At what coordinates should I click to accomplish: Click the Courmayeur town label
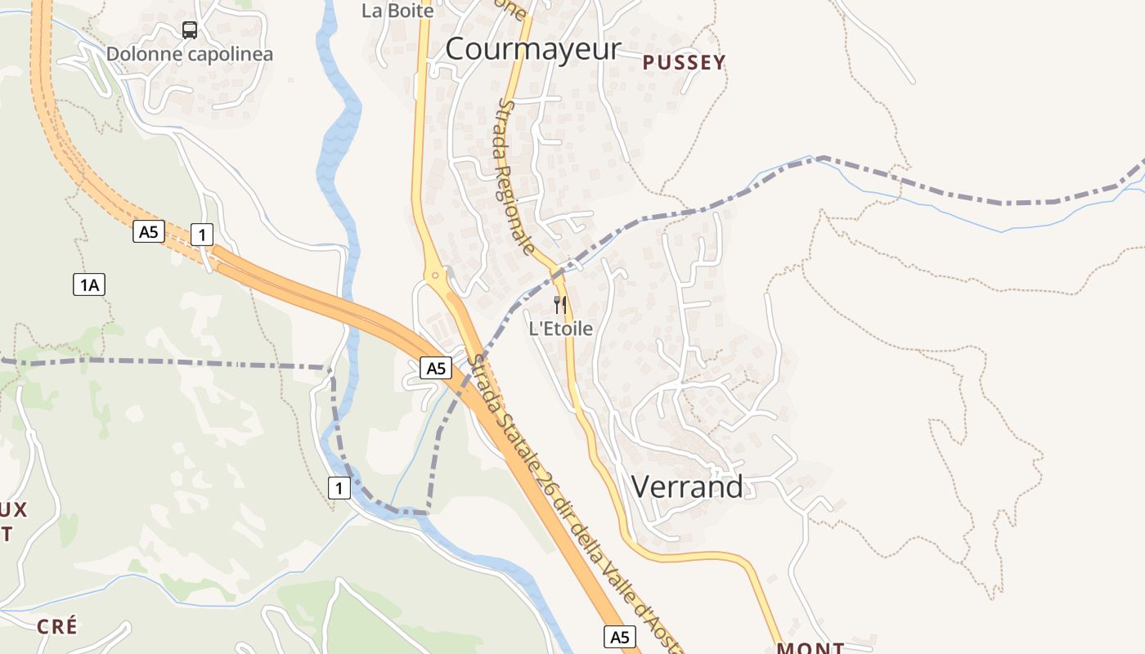(532, 49)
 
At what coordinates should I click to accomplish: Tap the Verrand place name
(687, 486)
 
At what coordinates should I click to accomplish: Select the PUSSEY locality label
(684, 63)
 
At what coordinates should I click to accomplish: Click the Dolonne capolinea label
(189, 55)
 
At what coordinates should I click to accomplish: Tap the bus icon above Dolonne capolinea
(189, 30)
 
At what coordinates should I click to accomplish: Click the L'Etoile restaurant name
(560, 329)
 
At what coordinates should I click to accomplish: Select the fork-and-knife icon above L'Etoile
(560, 305)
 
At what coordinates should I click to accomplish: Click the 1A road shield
(89, 284)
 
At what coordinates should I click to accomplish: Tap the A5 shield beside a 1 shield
(147, 232)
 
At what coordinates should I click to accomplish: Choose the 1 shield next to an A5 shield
(201, 235)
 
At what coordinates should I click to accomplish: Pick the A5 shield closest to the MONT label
(620, 636)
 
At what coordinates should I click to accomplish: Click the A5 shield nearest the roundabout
(436, 368)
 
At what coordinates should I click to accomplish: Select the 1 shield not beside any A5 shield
(339, 488)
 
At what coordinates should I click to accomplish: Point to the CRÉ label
(57, 627)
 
